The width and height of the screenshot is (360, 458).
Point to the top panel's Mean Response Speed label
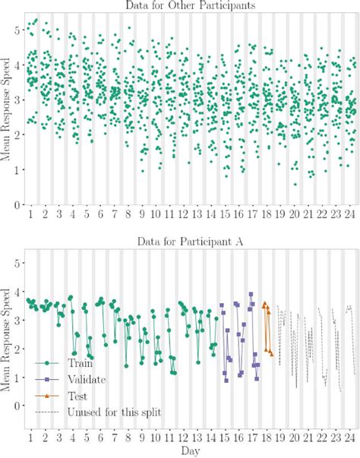7,114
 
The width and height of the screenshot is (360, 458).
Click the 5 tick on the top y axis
17,29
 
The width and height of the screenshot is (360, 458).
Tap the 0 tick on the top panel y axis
17,205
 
